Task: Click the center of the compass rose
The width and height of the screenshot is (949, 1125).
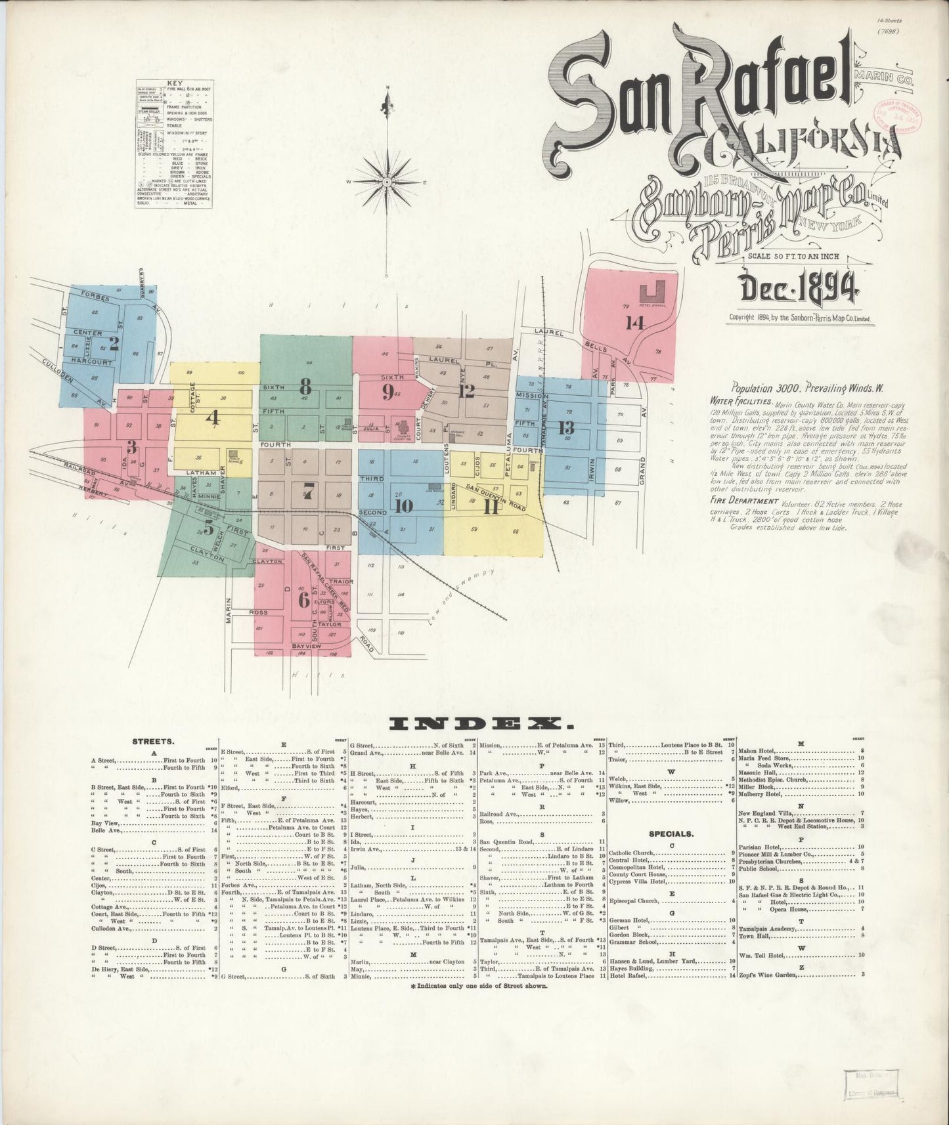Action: point(387,181)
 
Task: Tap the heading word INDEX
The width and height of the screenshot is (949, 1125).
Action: point(480,723)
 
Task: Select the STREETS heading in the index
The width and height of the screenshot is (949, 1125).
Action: point(153,742)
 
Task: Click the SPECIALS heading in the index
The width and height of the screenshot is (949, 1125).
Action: point(671,834)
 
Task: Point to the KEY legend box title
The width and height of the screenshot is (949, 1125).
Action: point(174,83)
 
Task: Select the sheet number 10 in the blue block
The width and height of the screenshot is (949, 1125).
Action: point(404,505)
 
